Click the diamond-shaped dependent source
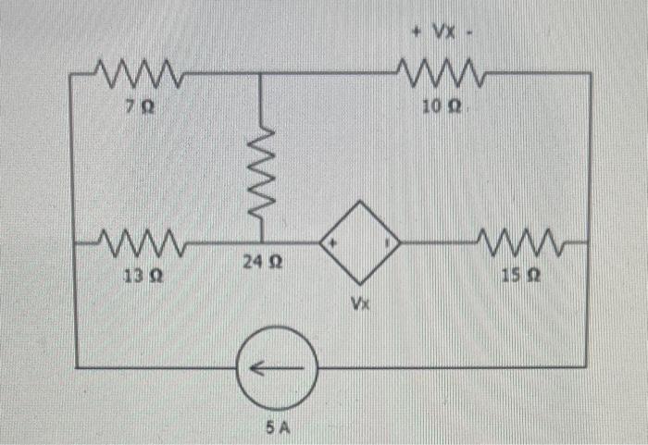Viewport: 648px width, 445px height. coord(360,243)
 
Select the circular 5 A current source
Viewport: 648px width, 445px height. coord(278,367)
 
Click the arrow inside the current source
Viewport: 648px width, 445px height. coord(276,367)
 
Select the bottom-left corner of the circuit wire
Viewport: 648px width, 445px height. coord(77,367)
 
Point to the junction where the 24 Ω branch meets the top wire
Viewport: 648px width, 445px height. coord(259,72)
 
